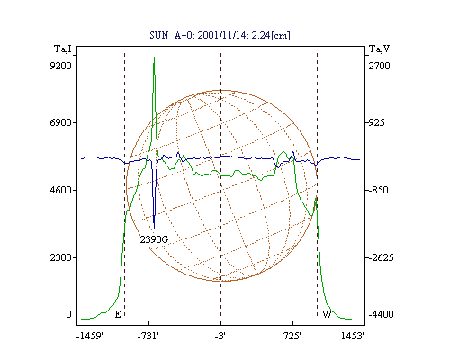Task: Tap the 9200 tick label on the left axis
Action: tap(61, 66)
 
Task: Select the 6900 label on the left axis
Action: tap(61, 122)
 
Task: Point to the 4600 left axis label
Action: tap(61, 190)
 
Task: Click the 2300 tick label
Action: tap(61, 257)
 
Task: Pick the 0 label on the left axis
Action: tap(68, 314)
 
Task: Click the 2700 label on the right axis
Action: tap(380, 66)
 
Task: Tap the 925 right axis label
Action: tap(376, 122)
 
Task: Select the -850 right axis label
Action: tap(378, 190)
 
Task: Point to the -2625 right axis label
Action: tap(381, 257)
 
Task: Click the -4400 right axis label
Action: tap(381, 314)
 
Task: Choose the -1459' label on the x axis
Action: tap(90, 336)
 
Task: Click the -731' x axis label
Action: tap(148, 336)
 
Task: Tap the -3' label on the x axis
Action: tap(220, 336)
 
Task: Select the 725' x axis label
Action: tap(292, 336)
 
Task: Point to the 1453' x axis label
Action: tap(353, 336)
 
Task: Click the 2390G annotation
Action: tap(154, 239)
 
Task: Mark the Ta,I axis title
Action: tap(63, 49)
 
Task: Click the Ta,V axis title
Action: tap(380, 49)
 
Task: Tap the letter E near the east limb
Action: tap(118, 314)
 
